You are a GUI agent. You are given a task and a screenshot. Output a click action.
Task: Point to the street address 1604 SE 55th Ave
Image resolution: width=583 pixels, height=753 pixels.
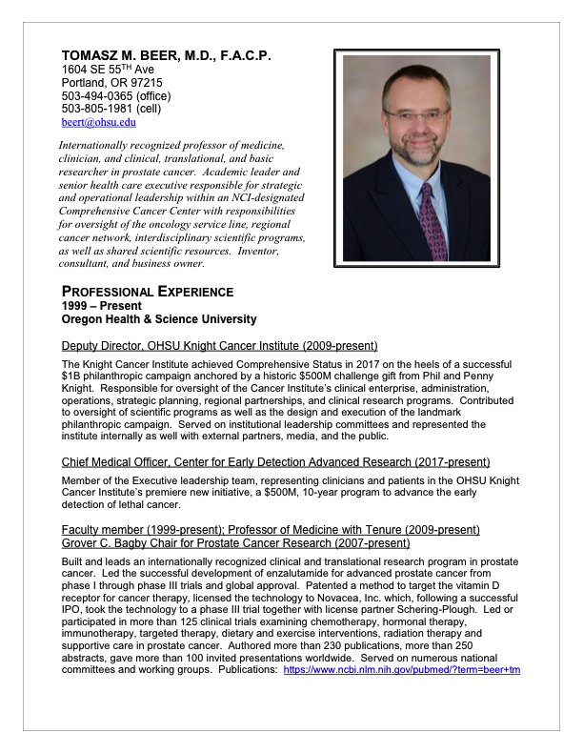(106, 70)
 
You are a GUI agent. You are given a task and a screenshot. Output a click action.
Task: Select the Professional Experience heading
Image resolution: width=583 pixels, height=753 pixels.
(147, 291)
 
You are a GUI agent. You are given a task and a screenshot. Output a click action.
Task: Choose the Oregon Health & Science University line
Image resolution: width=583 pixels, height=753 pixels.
(159, 319)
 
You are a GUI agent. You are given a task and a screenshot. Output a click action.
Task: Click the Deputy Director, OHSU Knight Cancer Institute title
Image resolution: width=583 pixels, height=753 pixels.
(219, 345)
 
